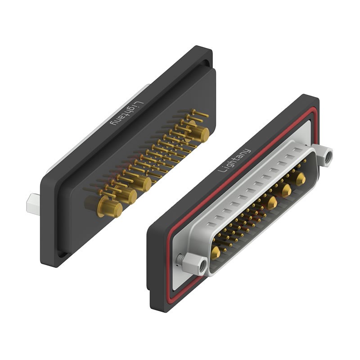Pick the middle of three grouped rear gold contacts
126,195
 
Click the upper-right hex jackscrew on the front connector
325,156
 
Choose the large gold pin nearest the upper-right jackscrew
300,179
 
